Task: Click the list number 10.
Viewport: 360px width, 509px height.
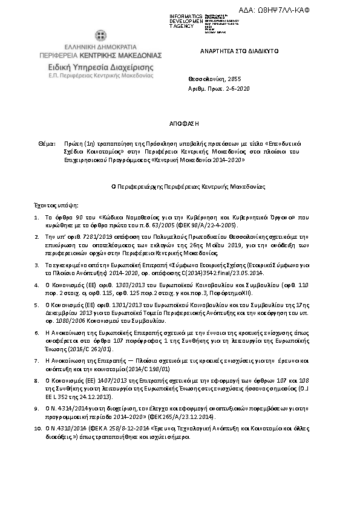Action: pos(36,427)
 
